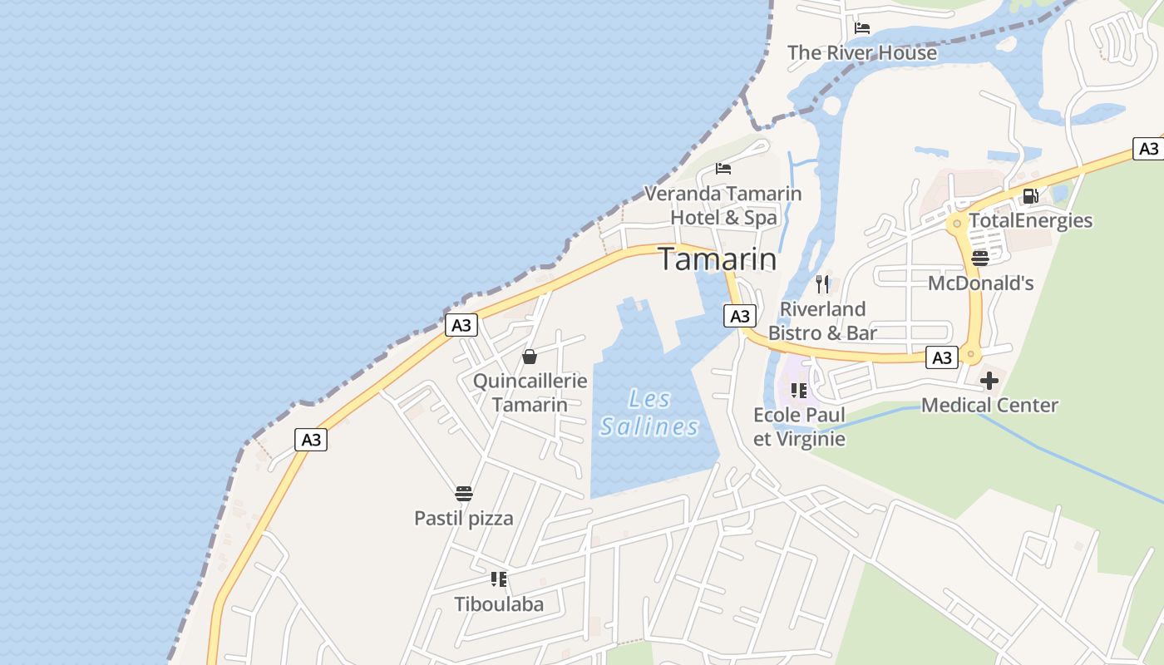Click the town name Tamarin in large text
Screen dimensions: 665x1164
tap(718, 259)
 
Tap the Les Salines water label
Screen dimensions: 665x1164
tap(649, 413)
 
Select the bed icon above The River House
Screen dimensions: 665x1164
tap(862, 28)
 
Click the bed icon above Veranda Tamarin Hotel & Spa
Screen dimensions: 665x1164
tap(723, 169)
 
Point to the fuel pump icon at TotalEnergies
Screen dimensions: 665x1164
tap(1030, 196)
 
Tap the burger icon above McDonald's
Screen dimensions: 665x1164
tap(980, 258)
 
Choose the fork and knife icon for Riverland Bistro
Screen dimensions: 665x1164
tap(822, 284)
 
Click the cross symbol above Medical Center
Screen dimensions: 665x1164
tap(989, 382)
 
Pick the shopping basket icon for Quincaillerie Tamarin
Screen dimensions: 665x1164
tap(530, 357)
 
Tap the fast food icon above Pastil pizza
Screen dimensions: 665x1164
tap(464, 494)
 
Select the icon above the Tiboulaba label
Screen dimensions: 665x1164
tap(499, 579)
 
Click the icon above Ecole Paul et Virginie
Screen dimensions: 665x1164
tap(799, 391)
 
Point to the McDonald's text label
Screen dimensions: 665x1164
tap(980, 283)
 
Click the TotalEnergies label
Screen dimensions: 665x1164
tap(1030, 220)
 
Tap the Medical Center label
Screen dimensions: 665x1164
tap(989, 406)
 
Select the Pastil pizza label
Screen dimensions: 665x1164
tap(464, 519)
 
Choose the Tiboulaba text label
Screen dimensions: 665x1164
tap(499, 604)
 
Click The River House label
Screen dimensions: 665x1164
tap(862, 52)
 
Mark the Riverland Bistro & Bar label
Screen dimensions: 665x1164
tap(822, 321)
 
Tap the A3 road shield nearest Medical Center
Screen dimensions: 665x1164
tap(942, 357)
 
